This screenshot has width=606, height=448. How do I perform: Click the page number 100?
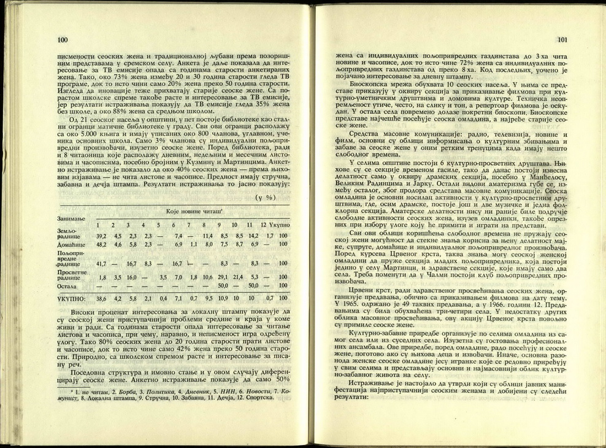click(62, 40)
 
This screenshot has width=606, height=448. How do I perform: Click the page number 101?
click(561, 41)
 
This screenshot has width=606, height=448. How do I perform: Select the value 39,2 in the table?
click(101, 236)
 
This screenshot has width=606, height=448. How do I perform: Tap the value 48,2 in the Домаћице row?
click(101, 245)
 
